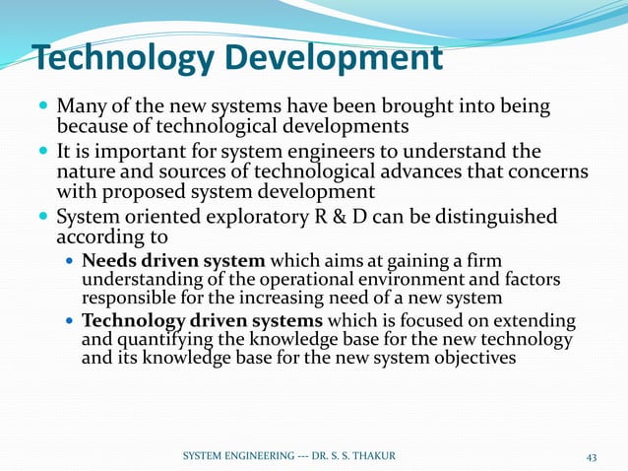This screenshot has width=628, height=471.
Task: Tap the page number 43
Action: click(592, 456)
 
